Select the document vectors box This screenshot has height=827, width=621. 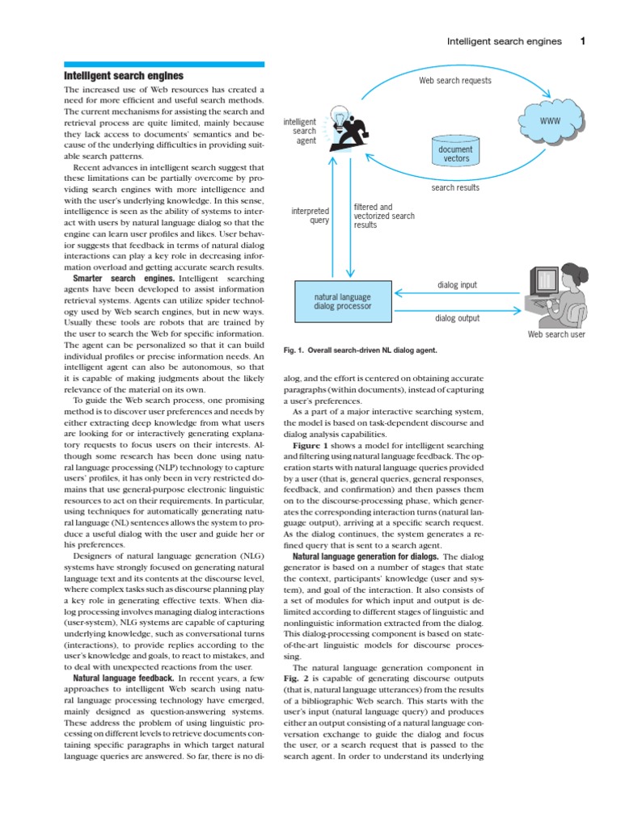(x=456, y=153)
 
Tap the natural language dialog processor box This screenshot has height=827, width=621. (x=343, y=302)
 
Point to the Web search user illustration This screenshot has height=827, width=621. (x=556, y=296)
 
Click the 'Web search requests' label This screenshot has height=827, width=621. (x=454, y=81)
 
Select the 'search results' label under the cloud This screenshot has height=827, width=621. (x=455, y=187)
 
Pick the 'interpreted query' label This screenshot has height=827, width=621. (x=310, y=216)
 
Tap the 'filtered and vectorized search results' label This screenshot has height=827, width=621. (x=384, y=216)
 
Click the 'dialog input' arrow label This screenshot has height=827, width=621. (x=458, y=284)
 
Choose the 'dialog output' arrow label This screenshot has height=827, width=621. (x=458, y=318)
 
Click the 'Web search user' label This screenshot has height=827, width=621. (x=556, y=334)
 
